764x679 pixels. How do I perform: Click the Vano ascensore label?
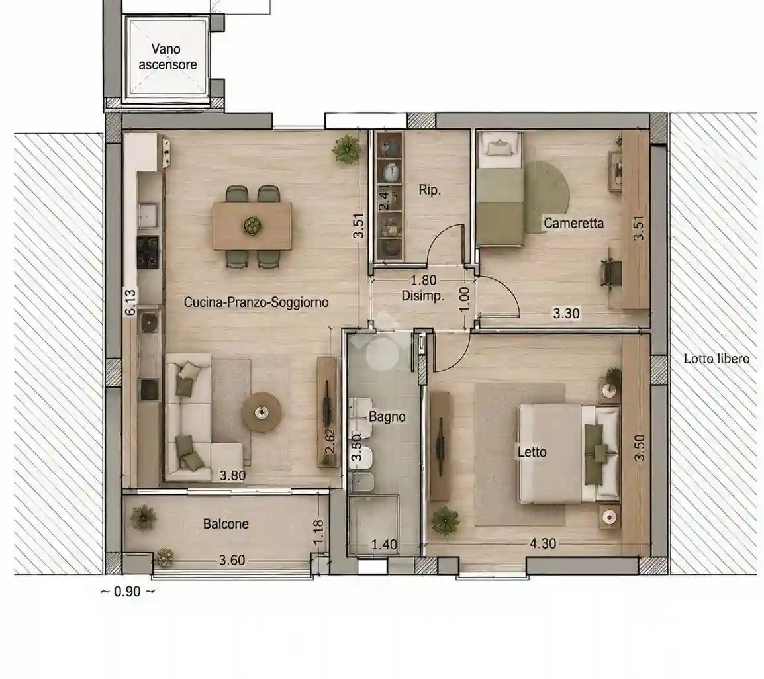167,56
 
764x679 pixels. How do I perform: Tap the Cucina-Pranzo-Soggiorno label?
256,302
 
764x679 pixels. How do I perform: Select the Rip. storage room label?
429,190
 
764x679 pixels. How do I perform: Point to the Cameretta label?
573,223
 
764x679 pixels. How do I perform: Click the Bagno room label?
387,417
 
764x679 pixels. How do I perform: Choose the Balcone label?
226,524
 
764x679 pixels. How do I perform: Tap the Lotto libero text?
716,359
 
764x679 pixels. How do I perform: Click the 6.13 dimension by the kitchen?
130,302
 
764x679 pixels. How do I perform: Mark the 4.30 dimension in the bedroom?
543,543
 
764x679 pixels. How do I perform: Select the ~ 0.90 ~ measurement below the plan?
127,592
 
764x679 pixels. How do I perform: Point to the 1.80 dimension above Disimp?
424,281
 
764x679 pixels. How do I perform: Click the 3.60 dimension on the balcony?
232,560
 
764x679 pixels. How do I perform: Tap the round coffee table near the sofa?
262,412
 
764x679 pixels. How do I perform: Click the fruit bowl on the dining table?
252,226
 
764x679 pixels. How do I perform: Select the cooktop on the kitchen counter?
148,252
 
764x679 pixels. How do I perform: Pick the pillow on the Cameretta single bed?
499,145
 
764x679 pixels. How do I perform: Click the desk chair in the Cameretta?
611,271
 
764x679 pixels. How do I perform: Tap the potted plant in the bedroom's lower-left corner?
446,520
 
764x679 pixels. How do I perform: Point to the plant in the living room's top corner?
348,148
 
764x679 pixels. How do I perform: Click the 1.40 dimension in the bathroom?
385,544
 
